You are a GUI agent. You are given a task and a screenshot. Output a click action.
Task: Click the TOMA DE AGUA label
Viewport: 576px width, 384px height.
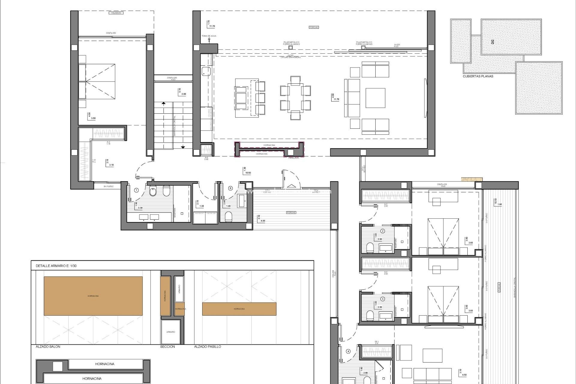(x=209, y=36)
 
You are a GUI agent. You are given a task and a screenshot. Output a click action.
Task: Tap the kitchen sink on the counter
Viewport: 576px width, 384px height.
(x=206, y=71)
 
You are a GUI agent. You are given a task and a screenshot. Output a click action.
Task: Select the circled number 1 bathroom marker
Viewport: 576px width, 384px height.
(x=136, y=190)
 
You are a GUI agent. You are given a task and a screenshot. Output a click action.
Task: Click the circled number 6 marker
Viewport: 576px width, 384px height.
(x=230, y=188)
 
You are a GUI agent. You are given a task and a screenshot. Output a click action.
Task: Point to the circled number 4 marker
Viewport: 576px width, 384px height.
(x=348, y=351)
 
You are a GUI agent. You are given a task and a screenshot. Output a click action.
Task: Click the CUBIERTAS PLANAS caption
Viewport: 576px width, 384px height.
(x=478, y=76)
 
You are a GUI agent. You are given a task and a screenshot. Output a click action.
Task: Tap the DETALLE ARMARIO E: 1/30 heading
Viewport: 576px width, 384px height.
(x=56, y=266)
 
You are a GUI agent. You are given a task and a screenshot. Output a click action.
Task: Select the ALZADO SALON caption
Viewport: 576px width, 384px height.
(x=48, y=346)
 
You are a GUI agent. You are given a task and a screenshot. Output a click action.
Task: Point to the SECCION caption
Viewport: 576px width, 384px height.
(x=167, y=346)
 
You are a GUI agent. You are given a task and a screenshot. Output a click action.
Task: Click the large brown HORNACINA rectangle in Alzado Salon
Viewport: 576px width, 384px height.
(x=93, y=296)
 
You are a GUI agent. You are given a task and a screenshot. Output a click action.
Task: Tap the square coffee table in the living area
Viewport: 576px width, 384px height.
(x=375, y=98)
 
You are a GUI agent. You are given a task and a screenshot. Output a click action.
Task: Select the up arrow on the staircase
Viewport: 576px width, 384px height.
(x=163, y=104)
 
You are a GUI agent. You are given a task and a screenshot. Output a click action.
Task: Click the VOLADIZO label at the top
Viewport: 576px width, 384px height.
(x=115, y=13)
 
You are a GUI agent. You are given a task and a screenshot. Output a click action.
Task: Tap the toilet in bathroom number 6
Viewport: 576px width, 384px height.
(x=229, y=217)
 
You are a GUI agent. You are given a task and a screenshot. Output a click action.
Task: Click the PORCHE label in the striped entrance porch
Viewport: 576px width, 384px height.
(x=291, y=212)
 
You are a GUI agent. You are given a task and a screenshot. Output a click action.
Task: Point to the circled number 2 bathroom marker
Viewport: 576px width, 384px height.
(x=383, y=231)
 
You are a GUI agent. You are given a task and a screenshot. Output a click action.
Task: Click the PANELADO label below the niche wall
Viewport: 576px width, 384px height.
(x=293, y=158)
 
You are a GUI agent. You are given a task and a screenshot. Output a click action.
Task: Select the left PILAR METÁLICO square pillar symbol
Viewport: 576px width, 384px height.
(x=290, y=47)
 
